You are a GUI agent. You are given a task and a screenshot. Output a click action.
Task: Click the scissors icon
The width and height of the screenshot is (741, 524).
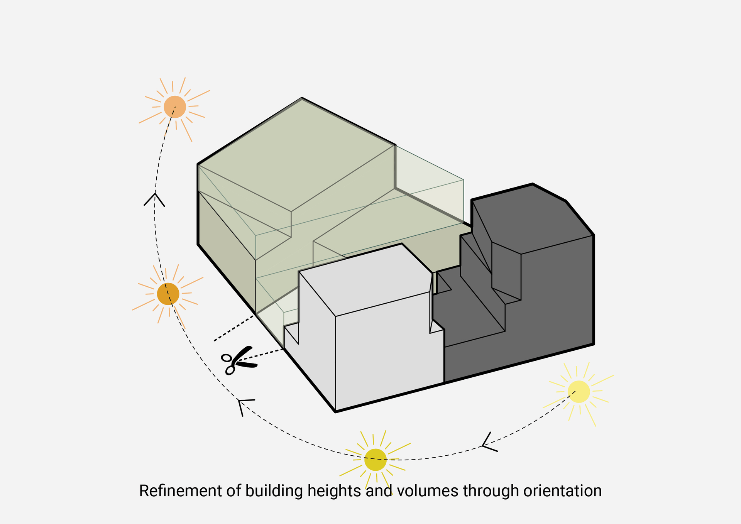(x=237, y=360)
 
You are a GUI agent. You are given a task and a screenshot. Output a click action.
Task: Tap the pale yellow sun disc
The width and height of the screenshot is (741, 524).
(x=579, y=391)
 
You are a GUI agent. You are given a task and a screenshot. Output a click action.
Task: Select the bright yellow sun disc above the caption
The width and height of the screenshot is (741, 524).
(x=375, y=460)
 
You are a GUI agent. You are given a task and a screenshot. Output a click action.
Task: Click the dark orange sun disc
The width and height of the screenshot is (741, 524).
(x=168, y=294)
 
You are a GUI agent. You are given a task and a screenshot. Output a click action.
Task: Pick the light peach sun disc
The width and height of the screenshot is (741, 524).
(x=175, y=107)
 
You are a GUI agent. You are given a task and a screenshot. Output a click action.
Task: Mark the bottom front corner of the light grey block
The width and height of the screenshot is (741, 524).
(x=335, y=412)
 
